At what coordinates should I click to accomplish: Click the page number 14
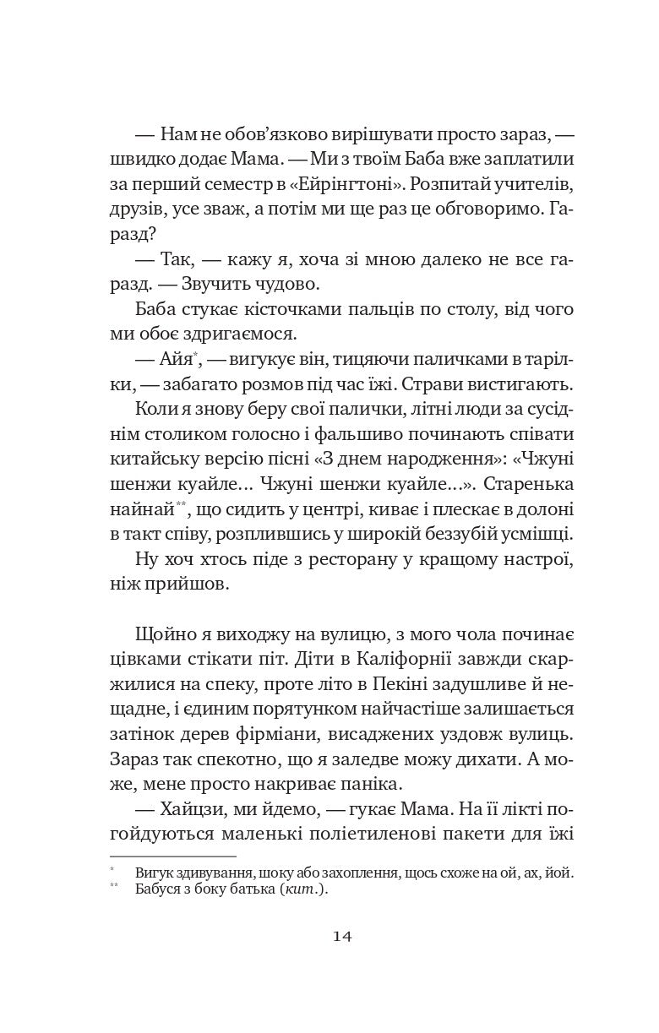tap(343, 936)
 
